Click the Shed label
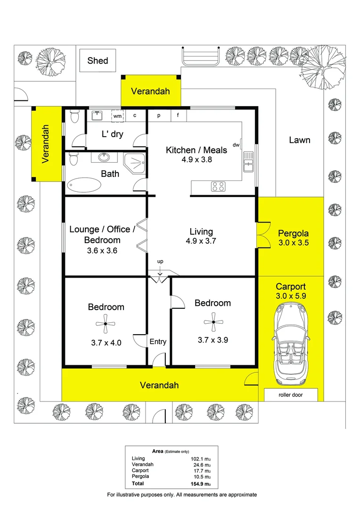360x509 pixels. point(98,60)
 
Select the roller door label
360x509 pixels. point(291,395)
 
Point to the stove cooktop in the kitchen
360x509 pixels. point(218,186)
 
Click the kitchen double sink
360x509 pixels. point(248,162)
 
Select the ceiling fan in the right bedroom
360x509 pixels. point(213,322)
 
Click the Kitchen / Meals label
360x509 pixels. point(196,150)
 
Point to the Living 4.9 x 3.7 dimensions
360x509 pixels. point(201,242)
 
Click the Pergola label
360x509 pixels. point(293,233)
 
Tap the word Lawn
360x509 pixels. point(300,140)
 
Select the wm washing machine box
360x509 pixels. point(117,115)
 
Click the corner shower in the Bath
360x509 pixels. point(135,164)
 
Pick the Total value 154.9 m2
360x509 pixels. point(200,484)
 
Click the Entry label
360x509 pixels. point(158,342)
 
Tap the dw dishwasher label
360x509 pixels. point(236,145)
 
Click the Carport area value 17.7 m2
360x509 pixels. point(200,470)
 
